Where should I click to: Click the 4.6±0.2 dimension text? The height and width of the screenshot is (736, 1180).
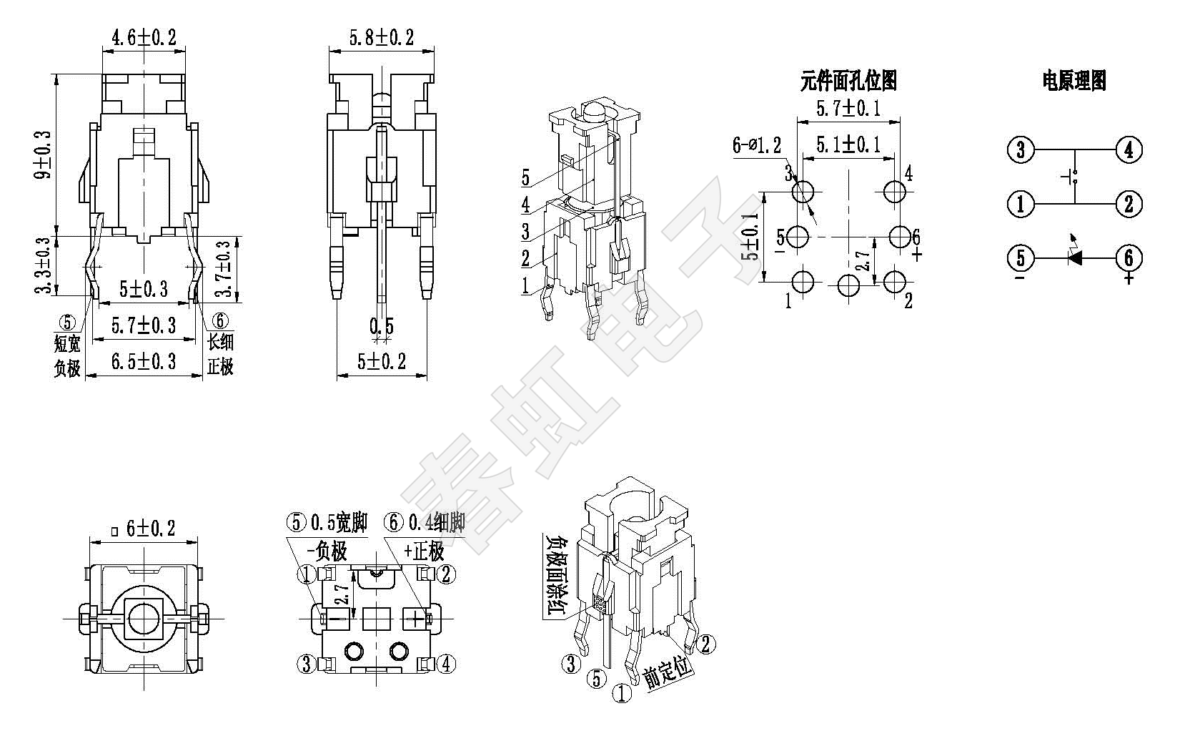(144, 37)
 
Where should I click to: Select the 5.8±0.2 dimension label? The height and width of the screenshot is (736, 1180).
(381, 37)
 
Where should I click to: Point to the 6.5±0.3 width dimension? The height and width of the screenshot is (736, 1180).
(144, 362)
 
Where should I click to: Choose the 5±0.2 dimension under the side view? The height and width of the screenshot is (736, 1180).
(381, 362)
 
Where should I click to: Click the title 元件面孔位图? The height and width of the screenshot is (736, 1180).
(848, 81)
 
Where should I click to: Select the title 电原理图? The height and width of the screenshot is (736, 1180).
(1074, 81)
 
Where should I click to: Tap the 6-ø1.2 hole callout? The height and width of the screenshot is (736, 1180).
(757, 146)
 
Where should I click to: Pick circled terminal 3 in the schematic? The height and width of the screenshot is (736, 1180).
(1020, 150)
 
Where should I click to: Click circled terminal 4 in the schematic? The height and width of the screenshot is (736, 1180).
(1129, 150)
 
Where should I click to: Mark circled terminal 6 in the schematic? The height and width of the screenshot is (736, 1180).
(1129, 257)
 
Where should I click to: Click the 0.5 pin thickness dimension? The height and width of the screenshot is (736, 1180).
(381, 326)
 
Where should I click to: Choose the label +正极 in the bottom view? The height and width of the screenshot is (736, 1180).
(424, 551)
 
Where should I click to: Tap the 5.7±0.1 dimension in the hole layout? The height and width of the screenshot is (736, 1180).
(848, 109)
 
